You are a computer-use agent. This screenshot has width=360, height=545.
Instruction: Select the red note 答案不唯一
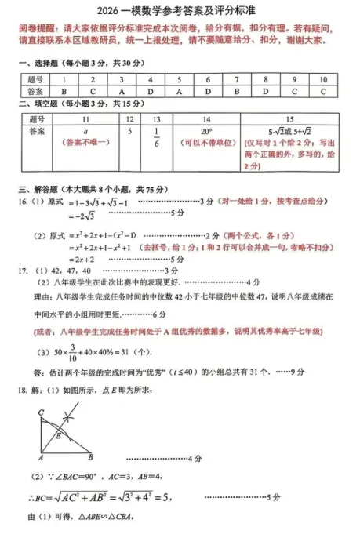(x=85, y=143)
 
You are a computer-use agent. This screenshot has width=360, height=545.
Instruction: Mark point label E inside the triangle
(x=56, y=436)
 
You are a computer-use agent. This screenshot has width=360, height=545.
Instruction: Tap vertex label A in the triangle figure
(x=40, y=457)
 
